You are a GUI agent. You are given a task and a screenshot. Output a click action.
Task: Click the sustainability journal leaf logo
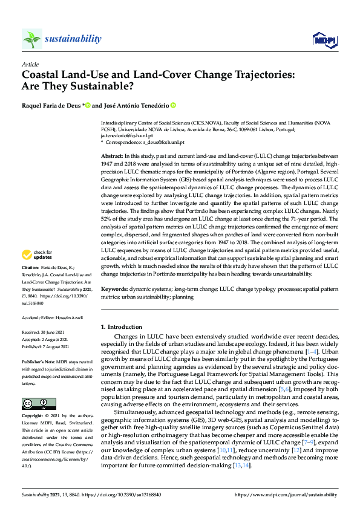pyautogui.click(x=32, y=39)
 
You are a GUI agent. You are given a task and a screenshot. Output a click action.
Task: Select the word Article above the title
pyautogui.click(x=30, y=64)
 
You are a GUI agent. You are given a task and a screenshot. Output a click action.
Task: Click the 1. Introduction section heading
pyautogui.click(x=121, y=327)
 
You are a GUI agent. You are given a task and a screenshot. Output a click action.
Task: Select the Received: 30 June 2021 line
pyautogui.click(x=43, y=332)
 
